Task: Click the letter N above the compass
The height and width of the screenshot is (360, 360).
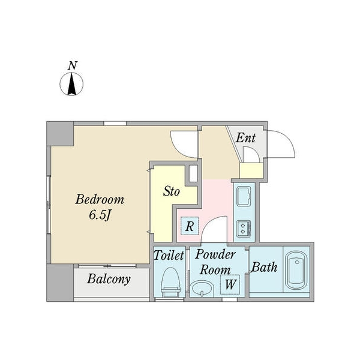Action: point(73,65)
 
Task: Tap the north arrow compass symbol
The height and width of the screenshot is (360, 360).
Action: point(71,84)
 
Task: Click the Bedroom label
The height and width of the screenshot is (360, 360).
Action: point(100,200)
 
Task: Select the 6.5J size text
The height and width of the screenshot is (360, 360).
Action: point(100,215)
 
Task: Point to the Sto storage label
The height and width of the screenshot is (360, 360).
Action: point(171,191)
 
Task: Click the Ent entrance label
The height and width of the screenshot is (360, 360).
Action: point(245,138)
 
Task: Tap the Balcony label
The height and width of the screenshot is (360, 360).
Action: point(109,279)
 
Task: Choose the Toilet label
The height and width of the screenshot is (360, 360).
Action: point(169,255)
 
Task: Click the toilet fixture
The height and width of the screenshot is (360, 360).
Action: point(170,283)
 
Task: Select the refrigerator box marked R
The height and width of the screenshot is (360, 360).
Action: point(190,226)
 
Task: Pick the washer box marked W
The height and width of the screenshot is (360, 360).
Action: point(230,284)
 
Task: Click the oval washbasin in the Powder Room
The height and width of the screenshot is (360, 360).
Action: point(202,289)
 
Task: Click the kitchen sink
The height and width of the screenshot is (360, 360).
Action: point(244,196)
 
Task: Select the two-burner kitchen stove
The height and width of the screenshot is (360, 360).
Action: point(244,229)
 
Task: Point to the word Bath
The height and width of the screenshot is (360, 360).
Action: point(264,267)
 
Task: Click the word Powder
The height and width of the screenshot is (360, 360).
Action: point(215,254)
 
